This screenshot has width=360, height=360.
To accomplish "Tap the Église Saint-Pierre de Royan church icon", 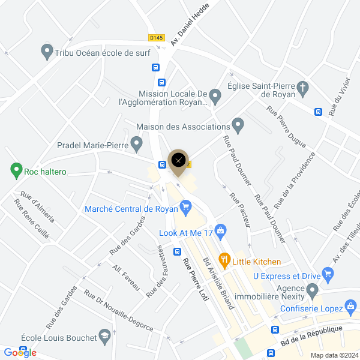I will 304,89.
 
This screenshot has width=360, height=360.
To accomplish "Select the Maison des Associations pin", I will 238,126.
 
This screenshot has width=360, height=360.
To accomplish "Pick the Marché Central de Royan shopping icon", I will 185,208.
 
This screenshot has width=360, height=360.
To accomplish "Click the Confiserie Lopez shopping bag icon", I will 350,308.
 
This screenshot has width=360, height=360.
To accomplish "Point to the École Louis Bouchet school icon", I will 105,334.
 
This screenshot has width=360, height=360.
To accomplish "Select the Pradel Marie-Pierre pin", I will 137,144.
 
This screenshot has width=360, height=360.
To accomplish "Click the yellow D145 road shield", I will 156,37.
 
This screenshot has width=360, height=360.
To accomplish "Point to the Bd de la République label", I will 311,336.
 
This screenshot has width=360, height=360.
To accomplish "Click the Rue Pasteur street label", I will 239,209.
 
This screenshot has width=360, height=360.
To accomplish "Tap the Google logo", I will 20,353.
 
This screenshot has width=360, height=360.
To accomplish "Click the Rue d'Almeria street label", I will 37,206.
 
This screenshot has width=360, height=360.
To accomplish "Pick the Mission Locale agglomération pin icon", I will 215,95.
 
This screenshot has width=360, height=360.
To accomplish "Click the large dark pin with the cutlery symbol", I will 178,161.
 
